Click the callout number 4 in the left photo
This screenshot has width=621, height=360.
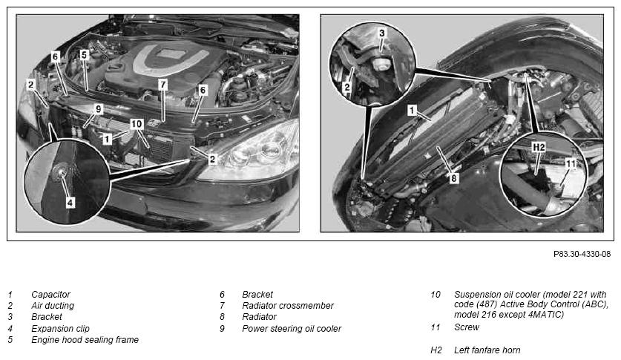point(70,203)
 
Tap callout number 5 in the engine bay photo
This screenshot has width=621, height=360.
point(84,55)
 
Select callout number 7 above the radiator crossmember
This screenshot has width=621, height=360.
point(162,85)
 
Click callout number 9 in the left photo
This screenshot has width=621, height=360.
point(99,109)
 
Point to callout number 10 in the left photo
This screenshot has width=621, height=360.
point(137,124)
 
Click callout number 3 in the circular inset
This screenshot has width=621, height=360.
point(382,33)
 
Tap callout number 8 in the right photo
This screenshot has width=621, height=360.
point(454,179)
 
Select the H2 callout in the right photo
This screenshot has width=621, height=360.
point(539,147)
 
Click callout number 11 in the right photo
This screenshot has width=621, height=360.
point(571,163)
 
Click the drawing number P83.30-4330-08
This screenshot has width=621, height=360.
point(582,255)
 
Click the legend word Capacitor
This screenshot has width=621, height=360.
point(50,295)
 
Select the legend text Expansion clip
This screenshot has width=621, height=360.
point(60,329)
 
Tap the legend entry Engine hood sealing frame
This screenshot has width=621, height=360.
point(85,340)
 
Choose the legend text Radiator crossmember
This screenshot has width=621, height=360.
point(288,306)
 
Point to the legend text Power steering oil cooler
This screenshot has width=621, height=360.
point(292,329)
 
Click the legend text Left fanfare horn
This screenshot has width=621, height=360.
point(487,350)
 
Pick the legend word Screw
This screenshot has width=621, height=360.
point(467,327)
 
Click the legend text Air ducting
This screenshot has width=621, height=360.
point(53,306)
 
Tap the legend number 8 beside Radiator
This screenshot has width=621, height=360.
point(222,317)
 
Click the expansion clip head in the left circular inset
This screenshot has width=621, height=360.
point(60,172)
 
